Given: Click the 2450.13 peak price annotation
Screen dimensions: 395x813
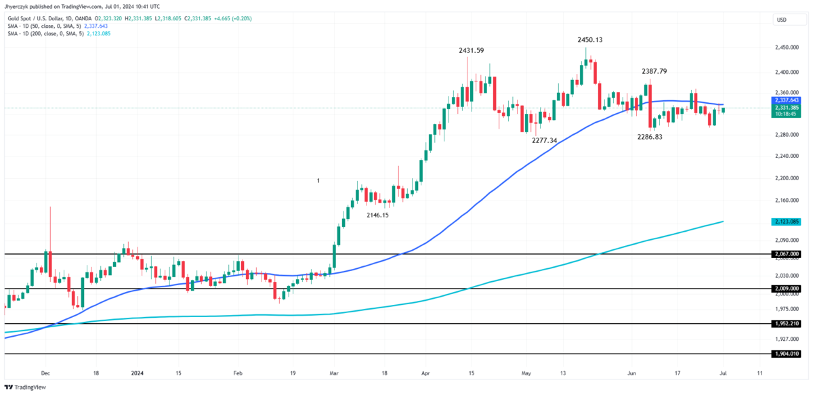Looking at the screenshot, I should [589, 40].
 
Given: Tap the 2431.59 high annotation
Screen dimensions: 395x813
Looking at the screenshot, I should [472, 51].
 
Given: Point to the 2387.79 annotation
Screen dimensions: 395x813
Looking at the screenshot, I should [654, 71].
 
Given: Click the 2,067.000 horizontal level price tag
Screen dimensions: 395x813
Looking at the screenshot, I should [786, 254].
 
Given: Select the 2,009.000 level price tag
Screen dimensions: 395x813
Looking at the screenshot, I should [786, 289].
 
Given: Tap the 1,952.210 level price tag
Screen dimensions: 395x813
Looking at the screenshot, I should [786, 324].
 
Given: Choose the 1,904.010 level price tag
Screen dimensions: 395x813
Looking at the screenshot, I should [786, 354].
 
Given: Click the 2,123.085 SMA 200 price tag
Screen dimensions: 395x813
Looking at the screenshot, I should [786, 222].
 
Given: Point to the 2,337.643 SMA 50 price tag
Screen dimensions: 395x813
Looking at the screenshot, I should [786, 100].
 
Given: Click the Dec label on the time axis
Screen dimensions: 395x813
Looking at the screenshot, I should [46, 373].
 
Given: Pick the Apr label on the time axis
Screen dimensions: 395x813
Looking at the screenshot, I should [425, 373].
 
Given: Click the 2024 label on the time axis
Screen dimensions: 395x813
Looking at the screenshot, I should [138, 373].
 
